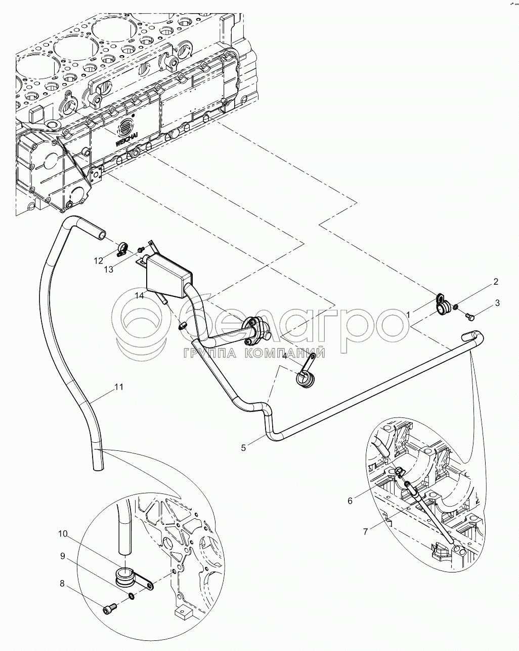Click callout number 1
(x=408, y=315)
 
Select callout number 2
(x=496, y=282)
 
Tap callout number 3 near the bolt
(x=498, y=303)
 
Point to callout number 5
(x=244, y=448)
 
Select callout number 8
(x=62, y=584)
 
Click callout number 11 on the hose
(x=118, y=387)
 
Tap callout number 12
(x=98, y=261)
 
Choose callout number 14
(x=139, y=295)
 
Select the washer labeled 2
(x=457, y=307)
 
